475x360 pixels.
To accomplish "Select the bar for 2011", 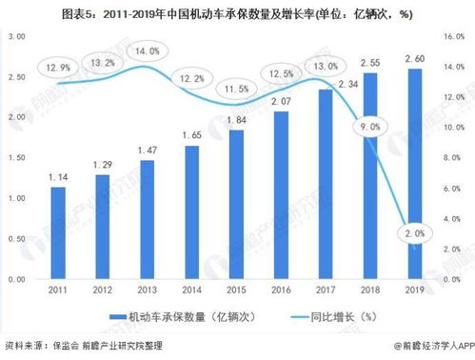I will pyautogui.click(x=58, y=233).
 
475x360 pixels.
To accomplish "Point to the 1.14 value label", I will pyautogui.click(x=58, y=177).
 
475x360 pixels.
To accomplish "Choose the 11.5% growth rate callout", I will pyautogui.click(x=237, y=88).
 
